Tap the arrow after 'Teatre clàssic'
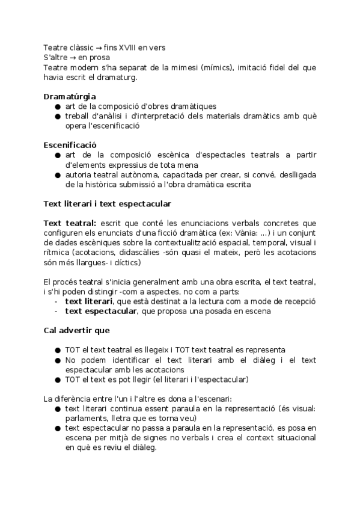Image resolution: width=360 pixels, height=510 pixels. (98, 48)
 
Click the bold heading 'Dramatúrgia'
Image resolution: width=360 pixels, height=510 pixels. (70, 96)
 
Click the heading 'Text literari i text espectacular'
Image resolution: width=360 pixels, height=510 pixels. (107, 204)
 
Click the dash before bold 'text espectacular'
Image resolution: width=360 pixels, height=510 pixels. (56, 311)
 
